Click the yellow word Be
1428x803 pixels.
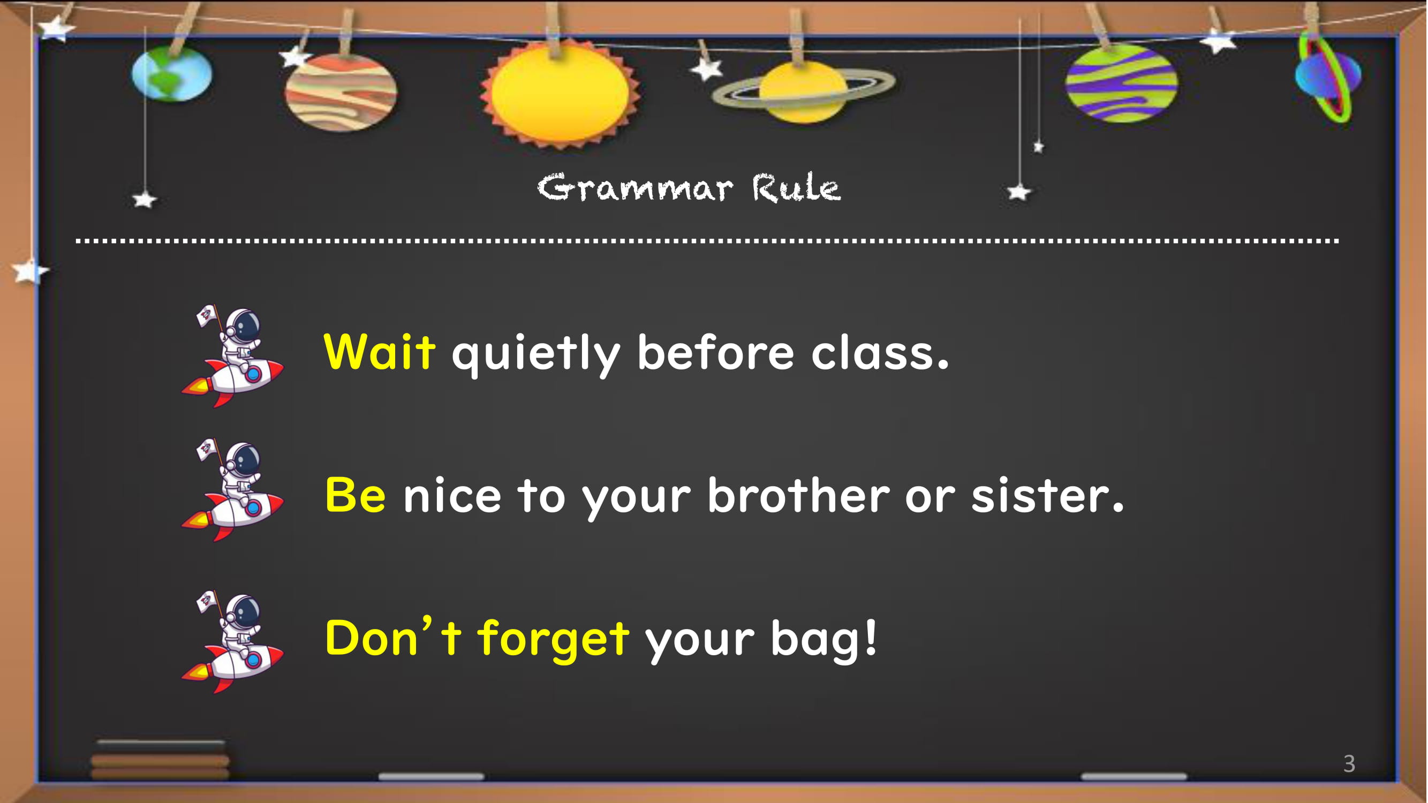coord(356,494)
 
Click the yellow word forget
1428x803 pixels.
coord(554,639)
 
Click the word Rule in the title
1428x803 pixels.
coord(797,187)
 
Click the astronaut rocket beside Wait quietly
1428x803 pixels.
coord(232,356)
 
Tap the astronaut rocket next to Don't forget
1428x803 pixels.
coord(232,642)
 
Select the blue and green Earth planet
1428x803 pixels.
coord(172,74)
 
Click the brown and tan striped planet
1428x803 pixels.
coord(341,93)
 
